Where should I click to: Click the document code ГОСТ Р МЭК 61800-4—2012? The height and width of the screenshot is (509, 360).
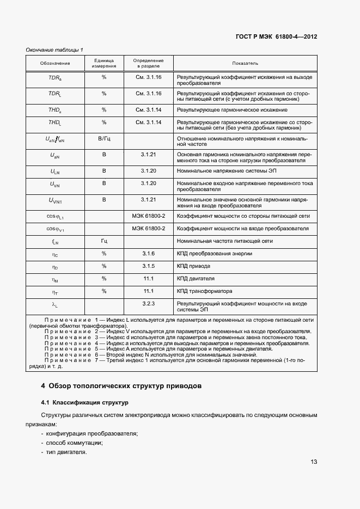(x=276, y=37)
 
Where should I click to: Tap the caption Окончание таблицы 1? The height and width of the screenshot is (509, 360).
(x=54, y=50)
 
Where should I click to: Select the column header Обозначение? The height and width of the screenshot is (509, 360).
(x=55, y=64)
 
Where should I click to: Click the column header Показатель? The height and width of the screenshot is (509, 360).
(x=245, y=64)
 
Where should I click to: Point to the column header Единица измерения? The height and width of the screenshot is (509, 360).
(x=103, y=64)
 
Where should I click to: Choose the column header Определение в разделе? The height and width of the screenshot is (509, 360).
(x=149, y=64)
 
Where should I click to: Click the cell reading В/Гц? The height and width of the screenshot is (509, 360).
(x=103, y=139)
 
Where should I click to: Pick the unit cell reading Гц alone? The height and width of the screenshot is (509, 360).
(x=103, y=241)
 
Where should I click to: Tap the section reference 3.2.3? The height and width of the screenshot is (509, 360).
(x=149, y=303)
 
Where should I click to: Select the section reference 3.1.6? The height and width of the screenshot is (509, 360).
(x=149, y=254)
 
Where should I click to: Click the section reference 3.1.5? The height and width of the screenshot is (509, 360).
(x=149, y=266)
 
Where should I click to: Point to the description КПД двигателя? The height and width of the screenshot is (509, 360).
(x=196, y=279)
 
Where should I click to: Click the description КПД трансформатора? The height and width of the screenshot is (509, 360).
(x=205, y=291)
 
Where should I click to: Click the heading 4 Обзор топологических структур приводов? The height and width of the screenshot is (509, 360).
(x=121, y=386)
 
